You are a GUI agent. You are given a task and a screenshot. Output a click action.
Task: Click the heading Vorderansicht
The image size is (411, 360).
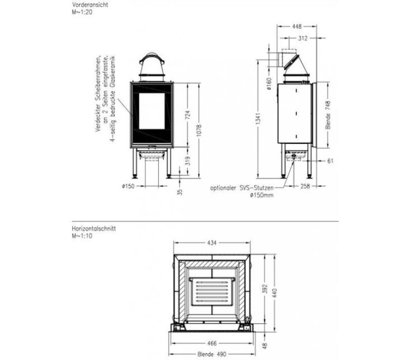click(90, 5)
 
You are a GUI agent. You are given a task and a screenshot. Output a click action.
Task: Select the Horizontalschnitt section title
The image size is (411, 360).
click(94, 228)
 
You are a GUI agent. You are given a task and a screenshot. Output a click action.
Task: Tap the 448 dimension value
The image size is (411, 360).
click(297, 27)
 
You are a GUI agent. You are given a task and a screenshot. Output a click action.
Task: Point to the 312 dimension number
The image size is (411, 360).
click(303, 38)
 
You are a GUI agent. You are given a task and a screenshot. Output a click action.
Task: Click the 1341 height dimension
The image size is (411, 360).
click(258, 119)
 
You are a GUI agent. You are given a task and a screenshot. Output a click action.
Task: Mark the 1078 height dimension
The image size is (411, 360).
click(199, 131)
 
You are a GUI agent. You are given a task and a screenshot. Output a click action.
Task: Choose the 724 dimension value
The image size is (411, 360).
click(188, 115)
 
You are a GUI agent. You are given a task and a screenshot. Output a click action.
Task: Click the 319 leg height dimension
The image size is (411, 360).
click(188, 161)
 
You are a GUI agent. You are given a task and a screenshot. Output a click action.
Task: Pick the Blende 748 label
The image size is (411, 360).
click(328, 115)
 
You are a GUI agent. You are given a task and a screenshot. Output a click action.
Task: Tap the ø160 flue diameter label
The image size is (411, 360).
click(269, 84)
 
